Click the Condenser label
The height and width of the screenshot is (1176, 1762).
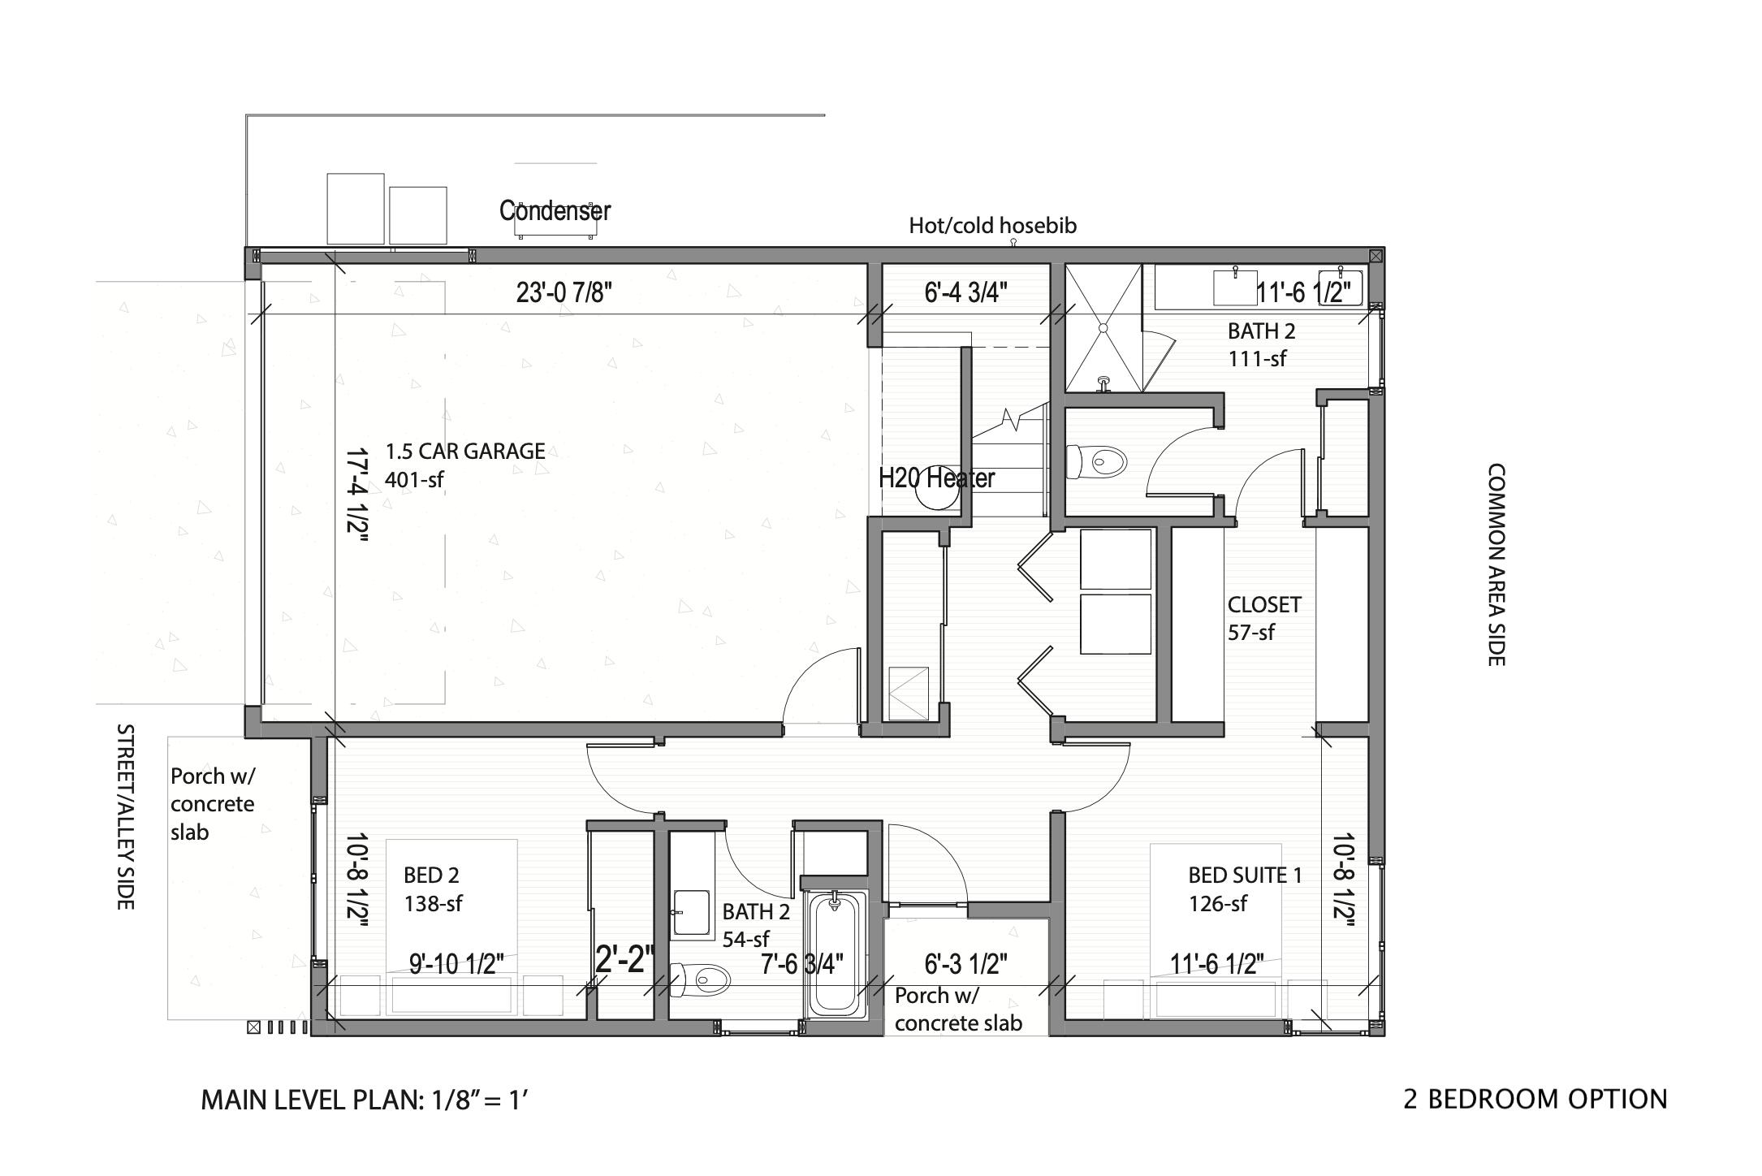(x=555, y=210)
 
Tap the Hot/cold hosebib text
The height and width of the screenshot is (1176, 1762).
(x=992, y=226)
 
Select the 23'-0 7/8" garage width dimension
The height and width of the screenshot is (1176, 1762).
(x=564, y=292)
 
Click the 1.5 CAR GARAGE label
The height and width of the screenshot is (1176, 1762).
(x=464, y=452)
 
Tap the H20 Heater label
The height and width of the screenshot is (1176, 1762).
(x=936, y=478)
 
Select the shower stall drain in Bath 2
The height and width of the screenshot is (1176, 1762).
(x=1103, y=327)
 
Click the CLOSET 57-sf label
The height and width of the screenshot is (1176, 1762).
(x=1263, y=618)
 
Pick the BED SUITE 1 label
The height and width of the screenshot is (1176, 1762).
(x=1244, y=876)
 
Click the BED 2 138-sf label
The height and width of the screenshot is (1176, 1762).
(x=432, y=889)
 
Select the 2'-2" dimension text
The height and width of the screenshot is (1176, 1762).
(x=624, y=959)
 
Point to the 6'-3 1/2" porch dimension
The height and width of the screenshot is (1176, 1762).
(x=965, y=964)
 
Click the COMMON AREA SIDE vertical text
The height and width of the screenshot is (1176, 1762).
(x=1496, y=565)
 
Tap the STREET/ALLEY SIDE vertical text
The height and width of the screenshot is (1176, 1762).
(x=125, y=816)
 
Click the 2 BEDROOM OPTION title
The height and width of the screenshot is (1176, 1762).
(x=1535, y=1100)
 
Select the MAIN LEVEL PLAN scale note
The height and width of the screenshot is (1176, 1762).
(x=365, y=1100)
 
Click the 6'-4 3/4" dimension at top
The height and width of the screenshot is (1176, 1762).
(x=965, y=292)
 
